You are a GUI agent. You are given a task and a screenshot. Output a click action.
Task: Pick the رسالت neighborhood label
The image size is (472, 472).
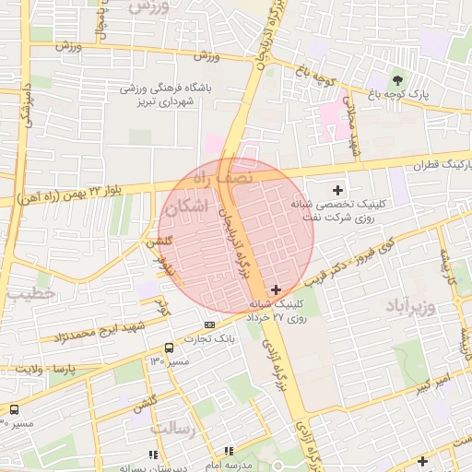174,431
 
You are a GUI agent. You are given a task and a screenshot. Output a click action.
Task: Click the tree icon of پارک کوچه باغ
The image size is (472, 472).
398,79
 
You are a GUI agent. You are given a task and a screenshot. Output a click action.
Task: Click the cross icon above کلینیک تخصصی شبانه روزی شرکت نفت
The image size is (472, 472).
338,189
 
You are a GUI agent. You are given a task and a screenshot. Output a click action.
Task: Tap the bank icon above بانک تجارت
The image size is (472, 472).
210,324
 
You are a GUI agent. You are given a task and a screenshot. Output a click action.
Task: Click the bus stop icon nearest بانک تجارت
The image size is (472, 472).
169,348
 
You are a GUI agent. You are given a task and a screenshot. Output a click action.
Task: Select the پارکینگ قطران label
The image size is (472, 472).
443,166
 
